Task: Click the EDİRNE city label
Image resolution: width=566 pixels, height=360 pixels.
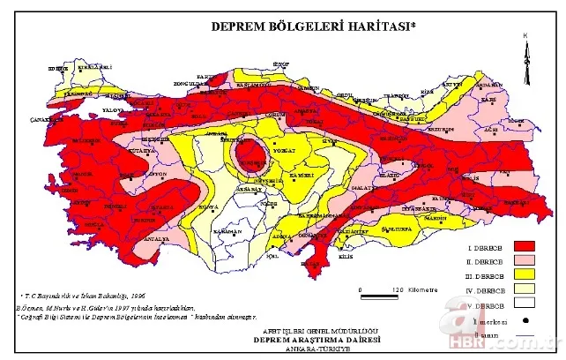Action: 58,68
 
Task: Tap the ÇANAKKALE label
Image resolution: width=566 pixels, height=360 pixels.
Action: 43,118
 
